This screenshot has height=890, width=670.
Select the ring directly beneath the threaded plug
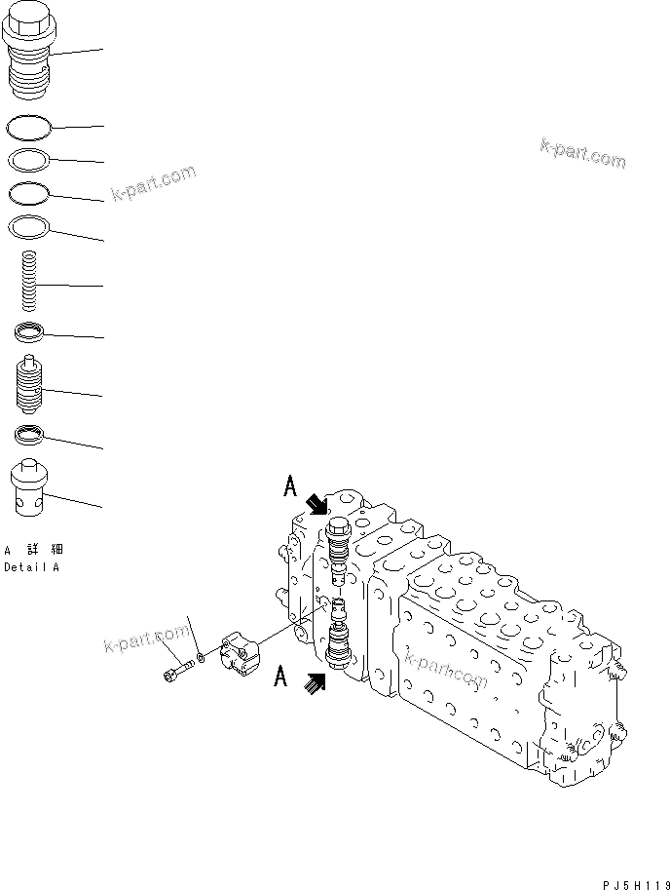29,126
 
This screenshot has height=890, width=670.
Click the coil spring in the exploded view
30,281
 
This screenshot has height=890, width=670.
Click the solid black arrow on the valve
317,504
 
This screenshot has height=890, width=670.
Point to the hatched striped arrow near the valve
315,684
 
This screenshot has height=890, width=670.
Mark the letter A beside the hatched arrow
281,676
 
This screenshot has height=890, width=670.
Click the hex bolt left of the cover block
175,672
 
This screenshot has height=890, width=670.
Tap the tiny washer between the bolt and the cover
200,658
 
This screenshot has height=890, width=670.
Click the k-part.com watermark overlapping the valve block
444,668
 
